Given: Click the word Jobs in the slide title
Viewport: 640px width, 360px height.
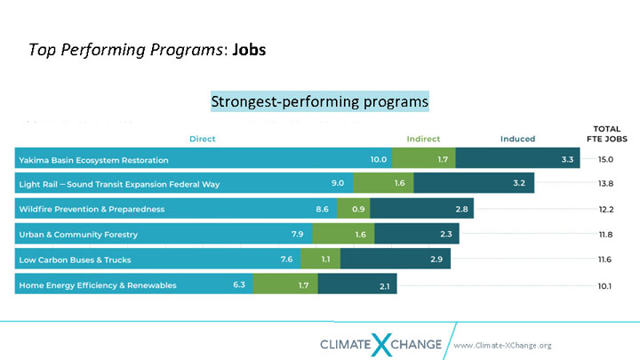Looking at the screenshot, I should coord(249,49).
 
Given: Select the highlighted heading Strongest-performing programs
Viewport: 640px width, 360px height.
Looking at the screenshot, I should coord(320,101).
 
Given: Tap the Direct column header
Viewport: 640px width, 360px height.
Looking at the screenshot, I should coord(203,139).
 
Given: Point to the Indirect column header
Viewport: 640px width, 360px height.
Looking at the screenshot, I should coord(423,139).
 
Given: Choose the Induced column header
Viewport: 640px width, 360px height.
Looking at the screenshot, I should coord(517,139).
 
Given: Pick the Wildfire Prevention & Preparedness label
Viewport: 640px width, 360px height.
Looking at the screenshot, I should coord(92,209).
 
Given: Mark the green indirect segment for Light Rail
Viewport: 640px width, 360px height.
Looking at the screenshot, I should coord(383,184).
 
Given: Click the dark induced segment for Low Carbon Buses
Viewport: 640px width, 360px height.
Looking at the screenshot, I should coord(396,260).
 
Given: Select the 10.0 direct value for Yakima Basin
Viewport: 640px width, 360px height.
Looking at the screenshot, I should coord(380,160).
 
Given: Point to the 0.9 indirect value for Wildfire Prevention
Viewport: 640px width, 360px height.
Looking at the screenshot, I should coord(359,209).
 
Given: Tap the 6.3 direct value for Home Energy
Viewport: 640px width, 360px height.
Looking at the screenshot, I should coord(240,285).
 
